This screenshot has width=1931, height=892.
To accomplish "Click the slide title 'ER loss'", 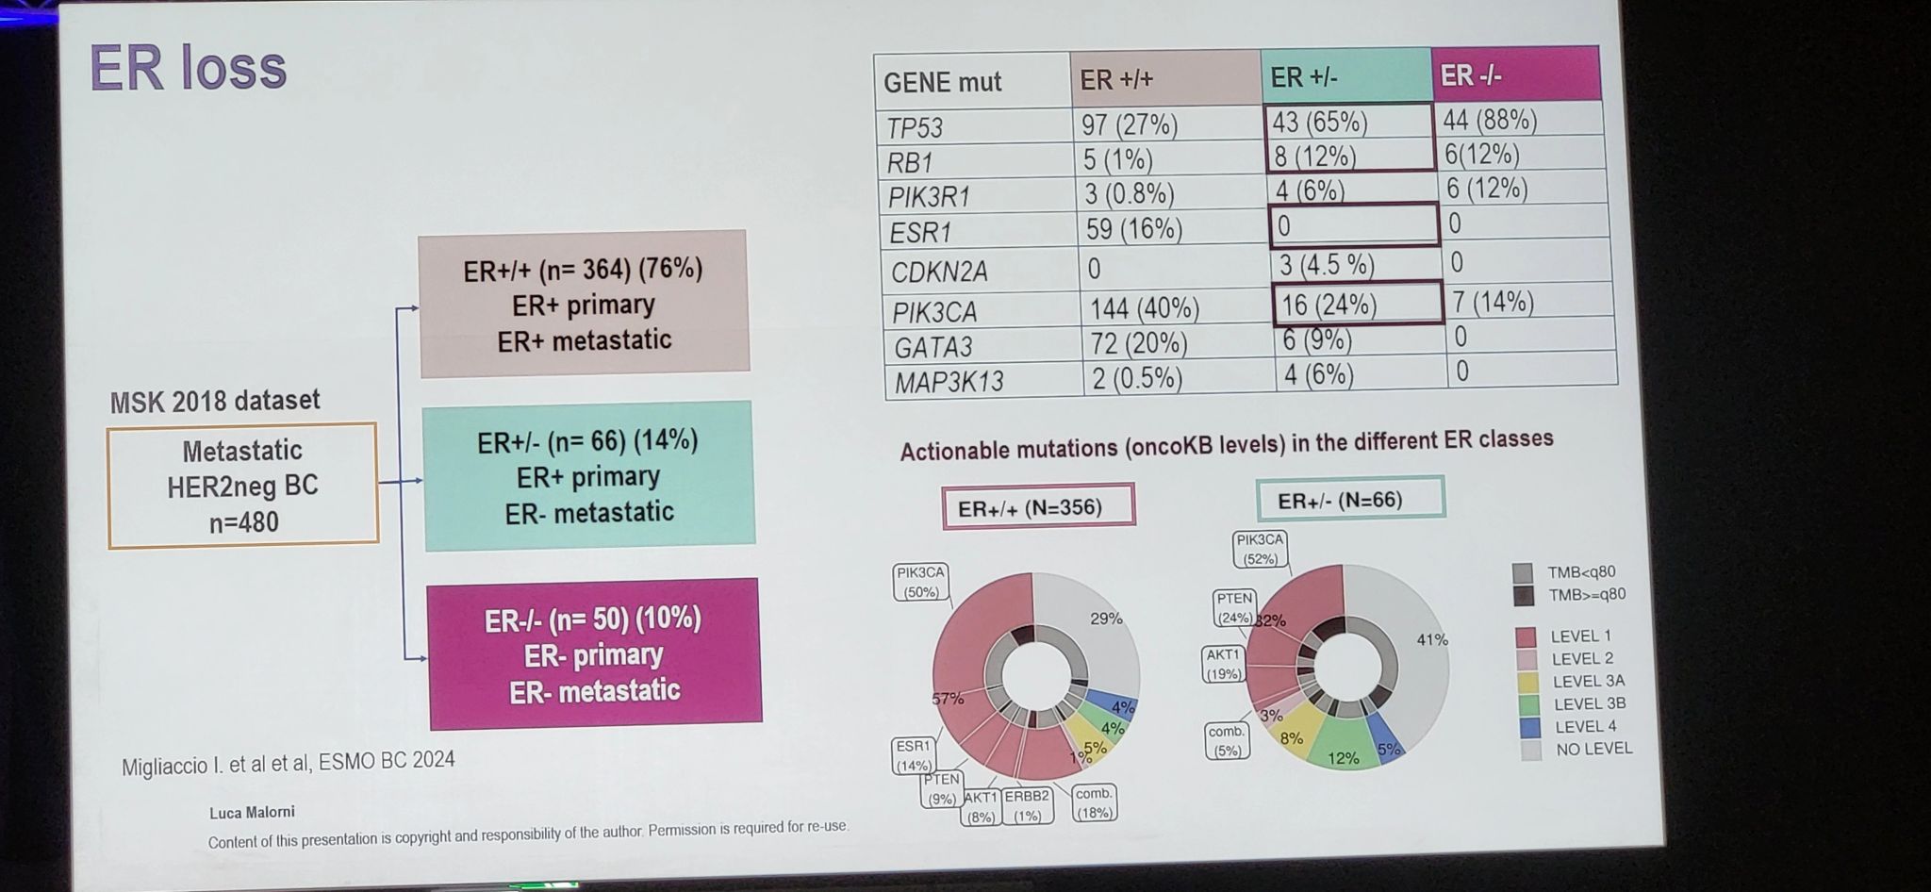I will (x=188, y=68).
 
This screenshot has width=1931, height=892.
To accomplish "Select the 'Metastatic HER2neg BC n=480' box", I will (x=242, y=486).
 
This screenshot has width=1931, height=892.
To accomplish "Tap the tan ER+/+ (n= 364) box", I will (x=584, y=304).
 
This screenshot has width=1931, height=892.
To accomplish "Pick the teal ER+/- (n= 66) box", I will (x=588, y=476).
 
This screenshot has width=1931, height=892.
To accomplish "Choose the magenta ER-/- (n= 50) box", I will (x=594, y=654).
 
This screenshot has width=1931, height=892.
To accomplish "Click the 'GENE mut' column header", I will (x=942, y=83).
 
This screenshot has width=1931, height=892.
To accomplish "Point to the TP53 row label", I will (x=915, y=127).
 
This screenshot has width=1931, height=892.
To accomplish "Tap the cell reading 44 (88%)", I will (x=1490, y=120).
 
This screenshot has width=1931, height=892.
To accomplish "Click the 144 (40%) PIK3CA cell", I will (x=1145, y=308).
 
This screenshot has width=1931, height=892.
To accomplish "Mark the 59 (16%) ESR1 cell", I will (x=1133, y=229).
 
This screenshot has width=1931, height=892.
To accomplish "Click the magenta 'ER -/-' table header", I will (x=1515, y=74).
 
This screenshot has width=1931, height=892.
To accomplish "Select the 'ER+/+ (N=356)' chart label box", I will (x=1038, y=507).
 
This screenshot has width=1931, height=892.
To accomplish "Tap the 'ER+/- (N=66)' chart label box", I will (x=1350, y=499).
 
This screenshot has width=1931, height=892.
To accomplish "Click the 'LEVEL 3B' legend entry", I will (x=1588, y=703).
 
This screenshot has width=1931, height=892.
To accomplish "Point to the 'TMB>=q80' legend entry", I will (x=1585, y=595).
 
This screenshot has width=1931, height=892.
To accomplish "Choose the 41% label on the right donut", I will (x=1431, y=639).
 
